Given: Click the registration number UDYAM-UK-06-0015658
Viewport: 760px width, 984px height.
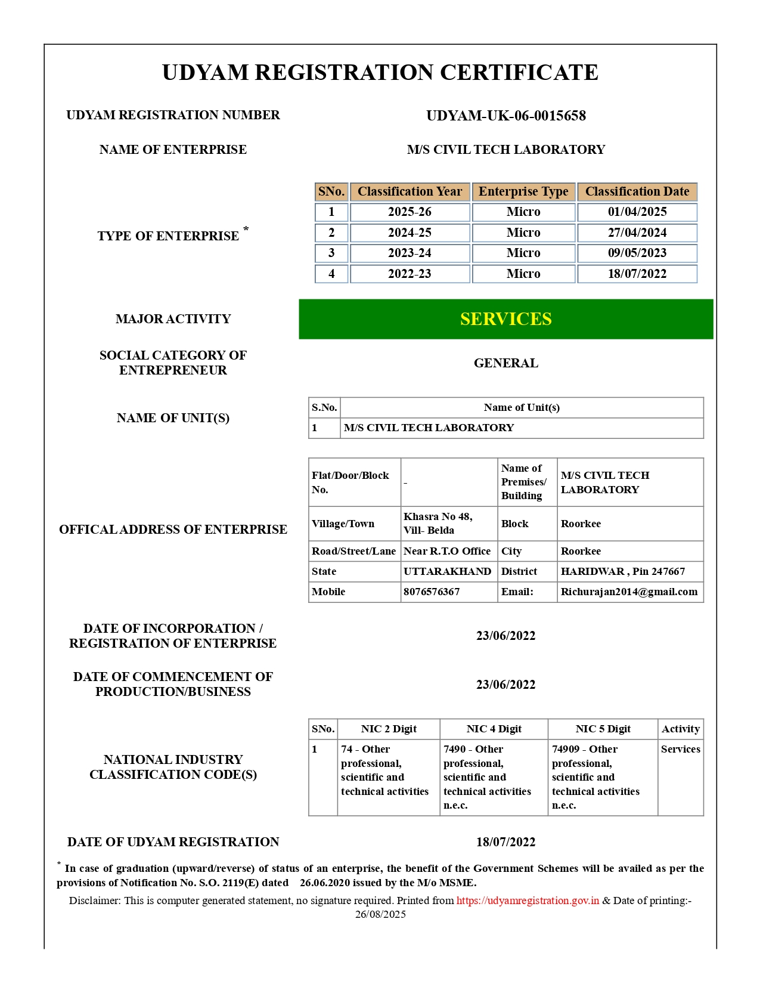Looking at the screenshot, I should [x=505, y=116].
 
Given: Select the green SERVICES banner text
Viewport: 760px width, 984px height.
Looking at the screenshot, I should [x=505, y=319].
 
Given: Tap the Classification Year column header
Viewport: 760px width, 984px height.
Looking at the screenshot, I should [x=410, y=191].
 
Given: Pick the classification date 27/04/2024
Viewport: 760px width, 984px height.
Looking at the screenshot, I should [x=637, y=233].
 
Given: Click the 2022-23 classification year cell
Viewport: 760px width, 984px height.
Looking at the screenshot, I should [x=410, y=274].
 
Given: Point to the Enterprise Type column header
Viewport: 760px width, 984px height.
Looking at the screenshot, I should [x=523, y=191].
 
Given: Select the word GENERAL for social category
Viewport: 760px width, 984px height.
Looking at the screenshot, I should [x=505, y=363].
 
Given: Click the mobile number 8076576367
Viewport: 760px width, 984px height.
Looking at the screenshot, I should [x=432, y=592].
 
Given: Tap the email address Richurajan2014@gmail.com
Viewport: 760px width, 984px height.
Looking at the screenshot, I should [x=629, y=592].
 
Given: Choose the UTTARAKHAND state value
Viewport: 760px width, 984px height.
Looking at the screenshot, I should [x=447, y=571].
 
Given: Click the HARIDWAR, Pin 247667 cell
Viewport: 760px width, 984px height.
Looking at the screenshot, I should [x=623, y=571].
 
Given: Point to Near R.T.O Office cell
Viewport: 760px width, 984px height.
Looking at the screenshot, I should [x=447, y=551].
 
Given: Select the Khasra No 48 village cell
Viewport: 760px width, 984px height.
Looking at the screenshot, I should [x=438, y=523].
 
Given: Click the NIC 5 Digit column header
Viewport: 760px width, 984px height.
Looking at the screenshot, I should [x=603, y=729].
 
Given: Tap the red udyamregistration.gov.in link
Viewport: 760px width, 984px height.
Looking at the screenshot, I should [x=528, y=901].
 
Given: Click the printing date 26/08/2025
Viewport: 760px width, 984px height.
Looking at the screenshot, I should [x=380, y=914].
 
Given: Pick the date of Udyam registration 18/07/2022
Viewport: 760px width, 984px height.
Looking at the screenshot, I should [x=505, y=842].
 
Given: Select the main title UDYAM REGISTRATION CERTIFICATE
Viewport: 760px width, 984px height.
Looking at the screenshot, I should [x=380, y=72].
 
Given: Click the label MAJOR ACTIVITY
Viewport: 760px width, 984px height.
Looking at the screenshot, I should [x=173, y=319].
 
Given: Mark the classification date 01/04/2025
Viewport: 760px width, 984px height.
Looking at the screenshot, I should [x=637, y=212].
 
